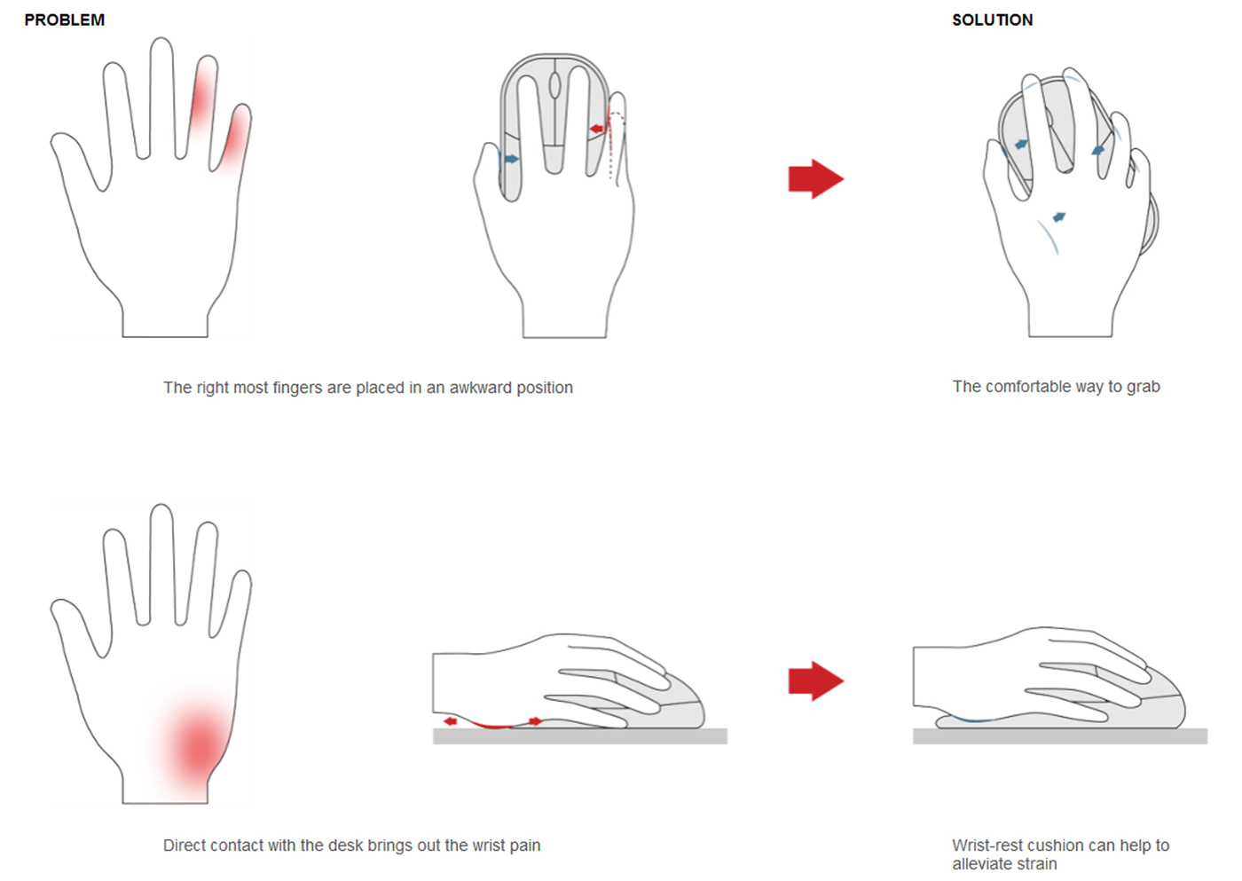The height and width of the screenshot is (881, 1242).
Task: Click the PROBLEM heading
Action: pyautogui.click(x=64, y=20)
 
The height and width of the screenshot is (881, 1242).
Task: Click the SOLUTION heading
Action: pyautogui.click(x=993, y=20)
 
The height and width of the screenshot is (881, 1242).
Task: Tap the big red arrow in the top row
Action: pyautogui.click(x=816, y=178)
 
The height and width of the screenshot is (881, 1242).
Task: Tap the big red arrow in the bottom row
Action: pyautogui.click(x=816, y=680)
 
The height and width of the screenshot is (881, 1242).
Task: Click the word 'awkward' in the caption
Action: pyautogui.click(x=481, y=387)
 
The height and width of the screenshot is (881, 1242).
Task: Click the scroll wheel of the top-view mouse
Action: pyautogui.click(x=554, y=86)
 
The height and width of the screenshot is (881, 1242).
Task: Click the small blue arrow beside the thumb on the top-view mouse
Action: pyautogui.click(x=511, y=160)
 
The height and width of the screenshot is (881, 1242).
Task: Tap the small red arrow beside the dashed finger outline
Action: pyautogui.click(x=596, y=130)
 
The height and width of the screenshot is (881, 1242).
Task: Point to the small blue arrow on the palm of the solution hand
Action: pyautogui.click(x=1059, y=216)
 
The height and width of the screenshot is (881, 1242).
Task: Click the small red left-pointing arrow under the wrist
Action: pyautogui.click(x=451, y=721)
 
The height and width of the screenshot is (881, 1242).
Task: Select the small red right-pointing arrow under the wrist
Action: pyautogui.click(x=536, y=721)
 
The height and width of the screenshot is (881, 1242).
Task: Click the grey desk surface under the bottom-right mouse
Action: pyautogui.click(x=1060, y=735)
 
